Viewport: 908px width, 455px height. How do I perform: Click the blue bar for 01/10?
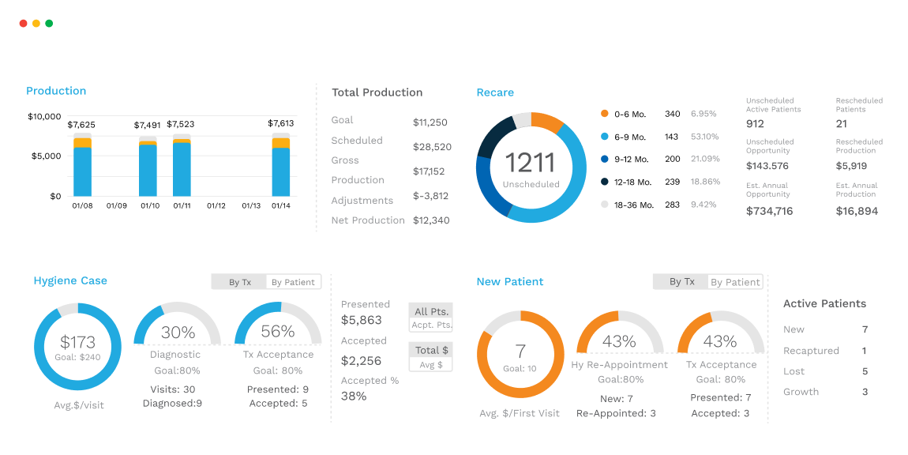pos(148,170)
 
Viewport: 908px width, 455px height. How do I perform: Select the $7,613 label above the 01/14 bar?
pos(280,123)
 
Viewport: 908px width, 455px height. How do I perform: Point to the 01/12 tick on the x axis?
pos(216,205)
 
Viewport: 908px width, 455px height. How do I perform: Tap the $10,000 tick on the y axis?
pos(44,117)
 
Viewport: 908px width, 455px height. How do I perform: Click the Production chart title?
pos(56,91)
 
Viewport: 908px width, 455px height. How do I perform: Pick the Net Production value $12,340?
pos(431,220)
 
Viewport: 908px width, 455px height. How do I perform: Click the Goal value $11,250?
pos(430,122)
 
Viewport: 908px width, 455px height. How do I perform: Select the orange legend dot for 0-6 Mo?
pos(605,114)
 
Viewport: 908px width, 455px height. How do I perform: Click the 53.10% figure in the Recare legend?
pos(705,137)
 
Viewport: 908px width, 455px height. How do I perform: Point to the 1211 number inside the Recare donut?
pos(531,163)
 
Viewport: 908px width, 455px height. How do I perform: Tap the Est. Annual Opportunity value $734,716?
pos(769,211)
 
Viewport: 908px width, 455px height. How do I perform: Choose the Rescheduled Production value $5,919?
pos(851,166)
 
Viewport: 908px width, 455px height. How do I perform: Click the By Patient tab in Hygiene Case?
pos(293,282)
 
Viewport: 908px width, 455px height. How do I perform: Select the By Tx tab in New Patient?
pos(681,281)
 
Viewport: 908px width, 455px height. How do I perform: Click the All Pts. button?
pos(431,311)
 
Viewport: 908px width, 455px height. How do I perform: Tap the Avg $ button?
pos(431,364)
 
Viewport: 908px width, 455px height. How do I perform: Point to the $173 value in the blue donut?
pos(77,343)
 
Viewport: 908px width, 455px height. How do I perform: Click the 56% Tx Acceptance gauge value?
pos(277,332)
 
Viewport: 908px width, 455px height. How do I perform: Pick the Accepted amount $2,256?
pos(361,361)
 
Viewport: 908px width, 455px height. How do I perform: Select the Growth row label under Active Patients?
pos(801,392)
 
